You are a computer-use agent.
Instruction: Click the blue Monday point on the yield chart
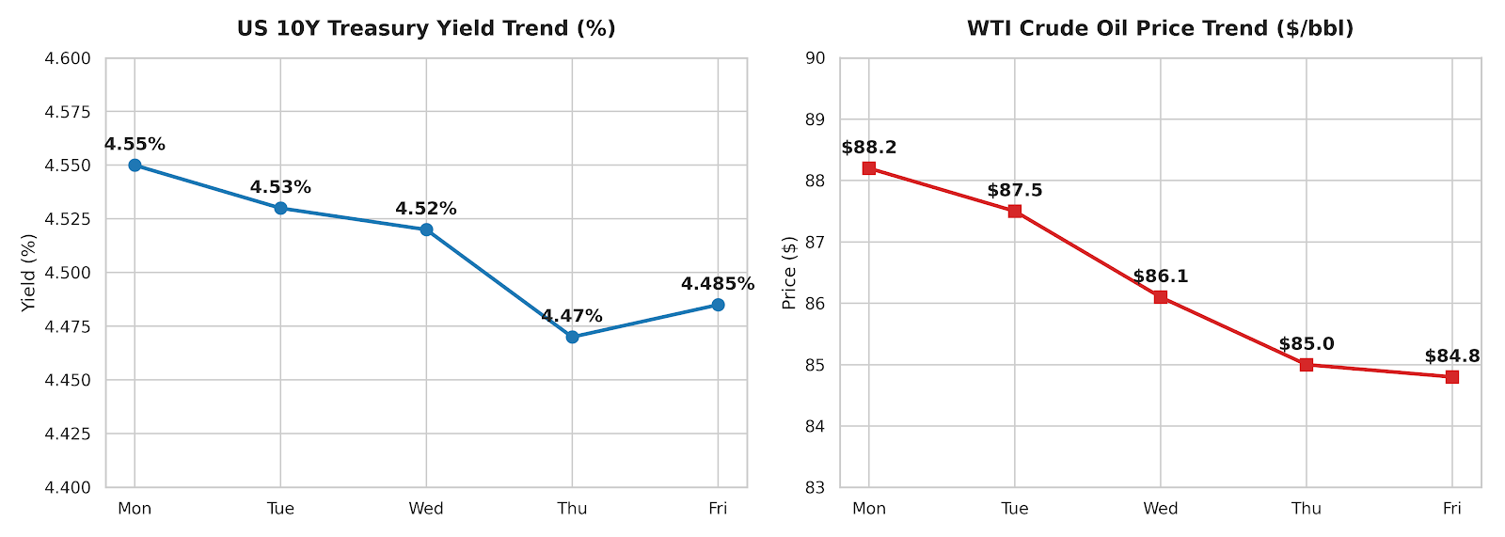(x=135, y=166)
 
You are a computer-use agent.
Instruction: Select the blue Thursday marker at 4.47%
(x=572, y=337)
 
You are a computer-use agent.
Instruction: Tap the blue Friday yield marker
(x=718, y=305)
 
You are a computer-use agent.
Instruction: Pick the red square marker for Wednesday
(x=1161, y=297)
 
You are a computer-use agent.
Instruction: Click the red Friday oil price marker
(x=1452, y=377)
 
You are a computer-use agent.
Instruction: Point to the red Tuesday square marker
(x=1015, y=211)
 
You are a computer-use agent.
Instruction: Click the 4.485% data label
(x=718, y=284)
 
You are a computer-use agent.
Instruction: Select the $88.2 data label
(x=869, y=148)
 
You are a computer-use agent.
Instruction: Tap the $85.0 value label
(x=1307, y=344)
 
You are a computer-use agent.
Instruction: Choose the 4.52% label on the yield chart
(x=426, y=209)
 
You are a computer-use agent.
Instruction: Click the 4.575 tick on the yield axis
(x=67, y=112)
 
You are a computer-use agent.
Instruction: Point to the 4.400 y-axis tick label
(x=67, y=487)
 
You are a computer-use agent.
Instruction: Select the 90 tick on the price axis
(x=815, y=58)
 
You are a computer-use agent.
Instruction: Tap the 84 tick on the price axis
(x=815, y=426)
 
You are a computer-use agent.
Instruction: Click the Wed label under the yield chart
(x=426, y=509)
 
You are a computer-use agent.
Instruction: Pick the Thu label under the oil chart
(x=1307, y=509)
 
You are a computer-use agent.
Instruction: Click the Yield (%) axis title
(x=28, y=273)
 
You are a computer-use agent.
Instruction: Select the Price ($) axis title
(x=789, y=273)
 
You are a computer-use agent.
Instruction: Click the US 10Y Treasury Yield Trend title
(x=426, y=28)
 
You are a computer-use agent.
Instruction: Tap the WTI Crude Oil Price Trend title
(x=1161, y=28)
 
